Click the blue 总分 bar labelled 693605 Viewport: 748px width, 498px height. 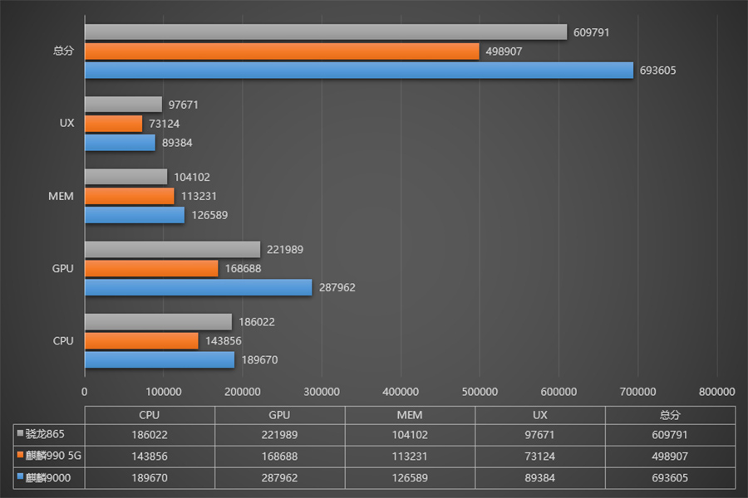(x=357, y=71)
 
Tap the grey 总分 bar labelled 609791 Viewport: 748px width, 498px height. (x=325, y=32)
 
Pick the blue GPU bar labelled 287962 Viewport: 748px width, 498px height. (x=198, y=287)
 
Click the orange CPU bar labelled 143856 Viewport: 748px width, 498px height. (x=141, y=340)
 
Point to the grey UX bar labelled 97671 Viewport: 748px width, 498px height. (x=123, y=105)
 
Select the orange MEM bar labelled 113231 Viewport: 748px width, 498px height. (x=129, y=196)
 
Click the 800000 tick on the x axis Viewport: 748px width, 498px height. (x=716, y=392)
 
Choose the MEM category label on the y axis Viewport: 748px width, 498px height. (x=61, y=196)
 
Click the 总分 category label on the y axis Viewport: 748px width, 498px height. (x=63, y=51)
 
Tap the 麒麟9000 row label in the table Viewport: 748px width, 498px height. (x=48, y=477)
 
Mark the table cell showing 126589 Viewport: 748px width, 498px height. (x=410, y=477)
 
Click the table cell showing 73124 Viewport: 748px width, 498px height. (x=539, y=456)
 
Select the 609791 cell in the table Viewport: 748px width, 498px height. (x=670, y=435)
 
